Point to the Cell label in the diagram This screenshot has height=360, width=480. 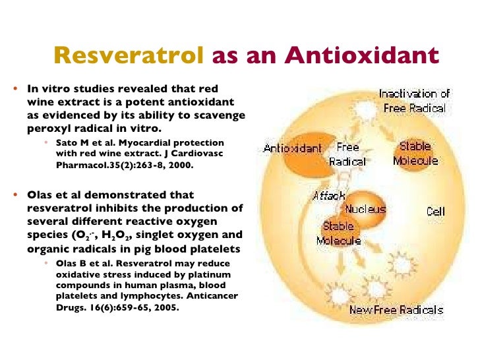tap(435, 212)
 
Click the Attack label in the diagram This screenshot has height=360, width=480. tap(329, 196)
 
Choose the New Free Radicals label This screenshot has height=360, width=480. tap(396, 310)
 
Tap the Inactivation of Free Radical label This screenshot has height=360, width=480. tap(413, 101)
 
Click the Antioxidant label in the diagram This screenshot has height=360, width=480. tap(292, 148)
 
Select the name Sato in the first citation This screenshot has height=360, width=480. tap(68, 142)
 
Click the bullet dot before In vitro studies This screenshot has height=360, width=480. tap(18, 88)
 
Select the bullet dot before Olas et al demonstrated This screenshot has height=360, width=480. tap(18, 195)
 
